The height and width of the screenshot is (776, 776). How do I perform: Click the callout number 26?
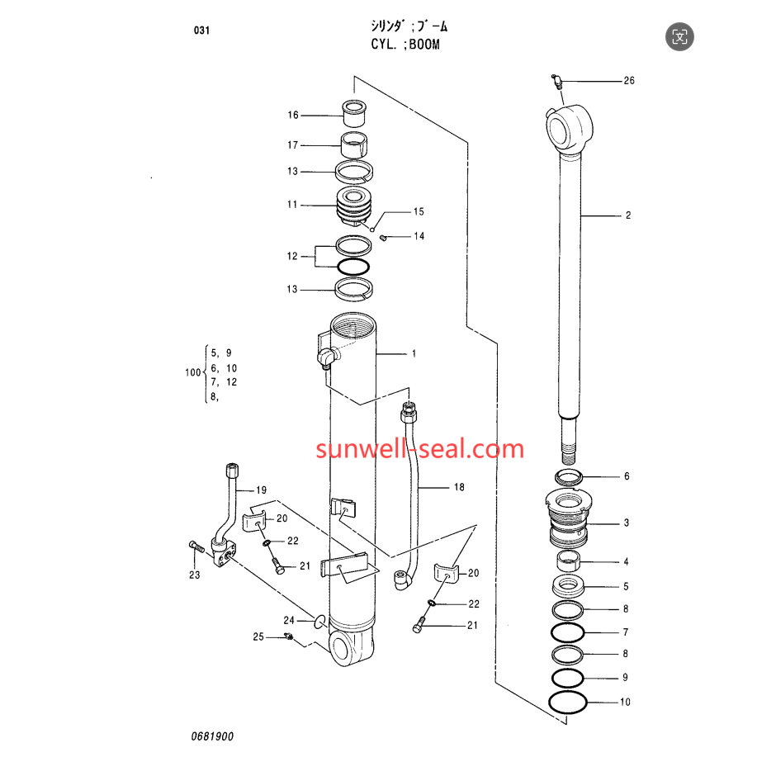point(629,81)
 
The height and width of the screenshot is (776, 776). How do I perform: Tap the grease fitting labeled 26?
point(556,82)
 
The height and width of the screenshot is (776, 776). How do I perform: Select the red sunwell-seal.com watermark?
point(419,448)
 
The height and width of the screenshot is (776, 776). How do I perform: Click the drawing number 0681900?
point(212,736)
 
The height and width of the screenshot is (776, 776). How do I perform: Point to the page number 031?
point(201,31)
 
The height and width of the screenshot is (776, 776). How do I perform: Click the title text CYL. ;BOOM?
point(405,45)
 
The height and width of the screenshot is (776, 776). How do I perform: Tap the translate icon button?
point(679,36)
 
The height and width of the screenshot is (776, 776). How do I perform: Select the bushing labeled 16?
point(354,114)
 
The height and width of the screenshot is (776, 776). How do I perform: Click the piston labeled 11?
point(354,206)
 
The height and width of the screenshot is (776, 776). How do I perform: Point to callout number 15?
point(419,212)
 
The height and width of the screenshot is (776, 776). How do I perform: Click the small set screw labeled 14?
point(382,238)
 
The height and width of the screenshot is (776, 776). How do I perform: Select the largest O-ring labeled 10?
point(568,703)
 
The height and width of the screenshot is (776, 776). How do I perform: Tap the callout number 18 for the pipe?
point(459,487)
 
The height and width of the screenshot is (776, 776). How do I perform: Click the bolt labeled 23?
point(196,547)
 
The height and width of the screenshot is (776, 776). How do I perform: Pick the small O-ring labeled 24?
point(320,622)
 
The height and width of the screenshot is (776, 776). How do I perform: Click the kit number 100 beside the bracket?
point(193,372)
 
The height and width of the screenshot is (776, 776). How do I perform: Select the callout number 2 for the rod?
point(628,215)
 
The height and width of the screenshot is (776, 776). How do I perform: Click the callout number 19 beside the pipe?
point(262,490)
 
